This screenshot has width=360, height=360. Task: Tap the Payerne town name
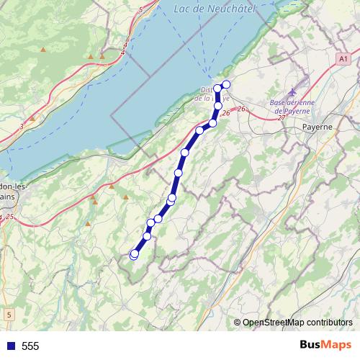point(317,127)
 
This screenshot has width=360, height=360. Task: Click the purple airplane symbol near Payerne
point(292,91)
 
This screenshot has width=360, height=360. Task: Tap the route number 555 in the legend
point(30,346)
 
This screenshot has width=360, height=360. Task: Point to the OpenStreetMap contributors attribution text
point(297,322)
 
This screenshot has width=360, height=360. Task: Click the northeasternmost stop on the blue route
point(226,85)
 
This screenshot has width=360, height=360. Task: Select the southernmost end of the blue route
point(133,254)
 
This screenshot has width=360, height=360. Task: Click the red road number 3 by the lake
point(22,127)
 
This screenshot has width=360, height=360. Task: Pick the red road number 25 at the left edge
point(9,216)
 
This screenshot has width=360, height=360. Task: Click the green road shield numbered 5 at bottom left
point(9,315)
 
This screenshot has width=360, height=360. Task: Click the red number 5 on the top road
point(140,10)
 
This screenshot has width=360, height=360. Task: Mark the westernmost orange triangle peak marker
point(43,50)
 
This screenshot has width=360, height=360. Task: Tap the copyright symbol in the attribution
point(238,322)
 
